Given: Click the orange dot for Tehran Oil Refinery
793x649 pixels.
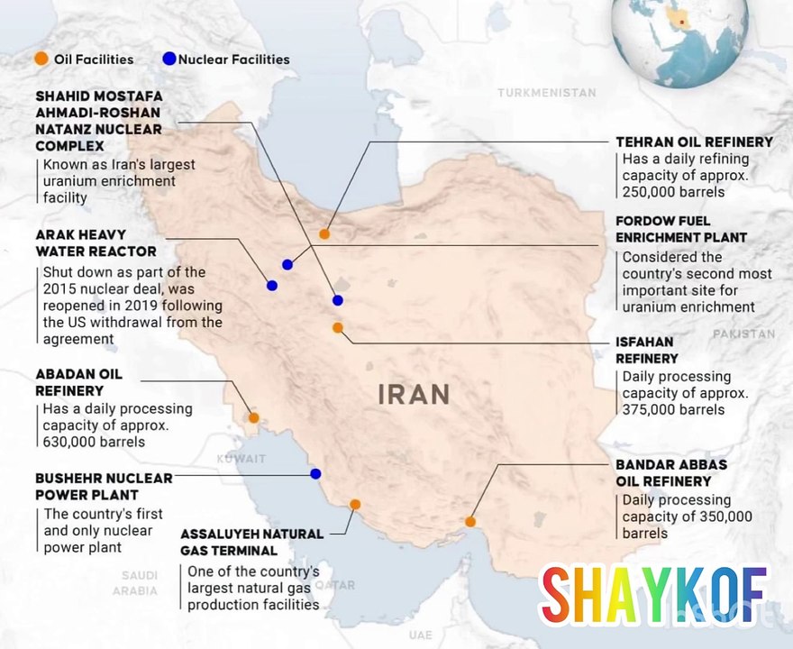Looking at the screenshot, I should click(x=324, y=233).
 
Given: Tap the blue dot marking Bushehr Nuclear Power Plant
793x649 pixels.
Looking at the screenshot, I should click(x=315, y=473).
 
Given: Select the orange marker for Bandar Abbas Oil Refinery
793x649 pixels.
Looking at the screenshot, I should click(x=470, y=521).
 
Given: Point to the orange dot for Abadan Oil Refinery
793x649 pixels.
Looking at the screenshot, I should click(x=254, y=417).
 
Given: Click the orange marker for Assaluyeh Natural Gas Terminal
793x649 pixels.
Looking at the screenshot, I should click(x=355, y=505).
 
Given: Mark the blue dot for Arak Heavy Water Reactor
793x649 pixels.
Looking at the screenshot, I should click(x=271, y=285).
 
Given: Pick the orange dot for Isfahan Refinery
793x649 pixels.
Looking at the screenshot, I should click(x=338, y=328).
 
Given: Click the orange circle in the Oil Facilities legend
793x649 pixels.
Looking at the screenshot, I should click(x=41, y=59).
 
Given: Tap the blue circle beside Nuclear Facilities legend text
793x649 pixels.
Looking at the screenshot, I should click(x=169, y=59).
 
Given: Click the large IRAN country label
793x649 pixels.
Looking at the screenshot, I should click(x=414, y=394).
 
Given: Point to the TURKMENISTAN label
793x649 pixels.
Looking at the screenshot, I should click(x=546, y=93).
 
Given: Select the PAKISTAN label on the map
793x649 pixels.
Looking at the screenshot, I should click(x=743, y=334).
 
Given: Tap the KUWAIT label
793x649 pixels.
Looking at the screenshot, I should click(x=242, y=459).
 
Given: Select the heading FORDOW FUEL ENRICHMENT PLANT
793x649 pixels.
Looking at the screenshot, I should click(x=681, y=229).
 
